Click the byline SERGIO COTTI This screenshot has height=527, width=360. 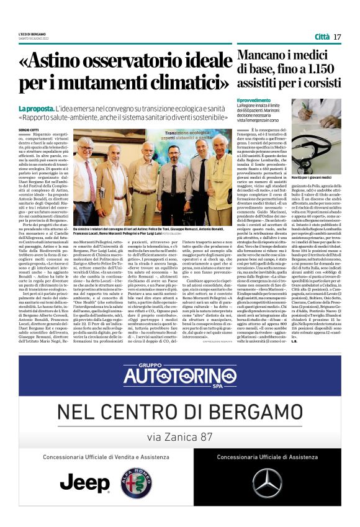point(29,129)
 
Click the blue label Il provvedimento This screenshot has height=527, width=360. point(254,100)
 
